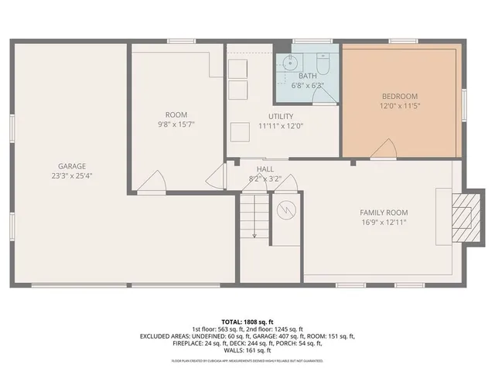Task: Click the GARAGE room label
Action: point(71,166)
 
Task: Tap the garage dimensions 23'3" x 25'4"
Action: point(71,175)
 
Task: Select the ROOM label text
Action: point(176,114)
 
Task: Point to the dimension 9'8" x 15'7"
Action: point(176,124)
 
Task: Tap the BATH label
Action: point(307,76)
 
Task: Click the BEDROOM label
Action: point(401,96)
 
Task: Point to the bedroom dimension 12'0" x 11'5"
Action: point(401,105)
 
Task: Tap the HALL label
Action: point(265,169)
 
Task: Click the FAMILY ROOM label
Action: point(383,213)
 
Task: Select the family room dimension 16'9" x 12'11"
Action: point(383,223)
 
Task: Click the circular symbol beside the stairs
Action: point(287,209)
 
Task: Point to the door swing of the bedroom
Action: point(382,150)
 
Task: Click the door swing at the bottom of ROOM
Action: point(154,181)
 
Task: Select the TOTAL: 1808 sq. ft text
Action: point(247,322)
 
